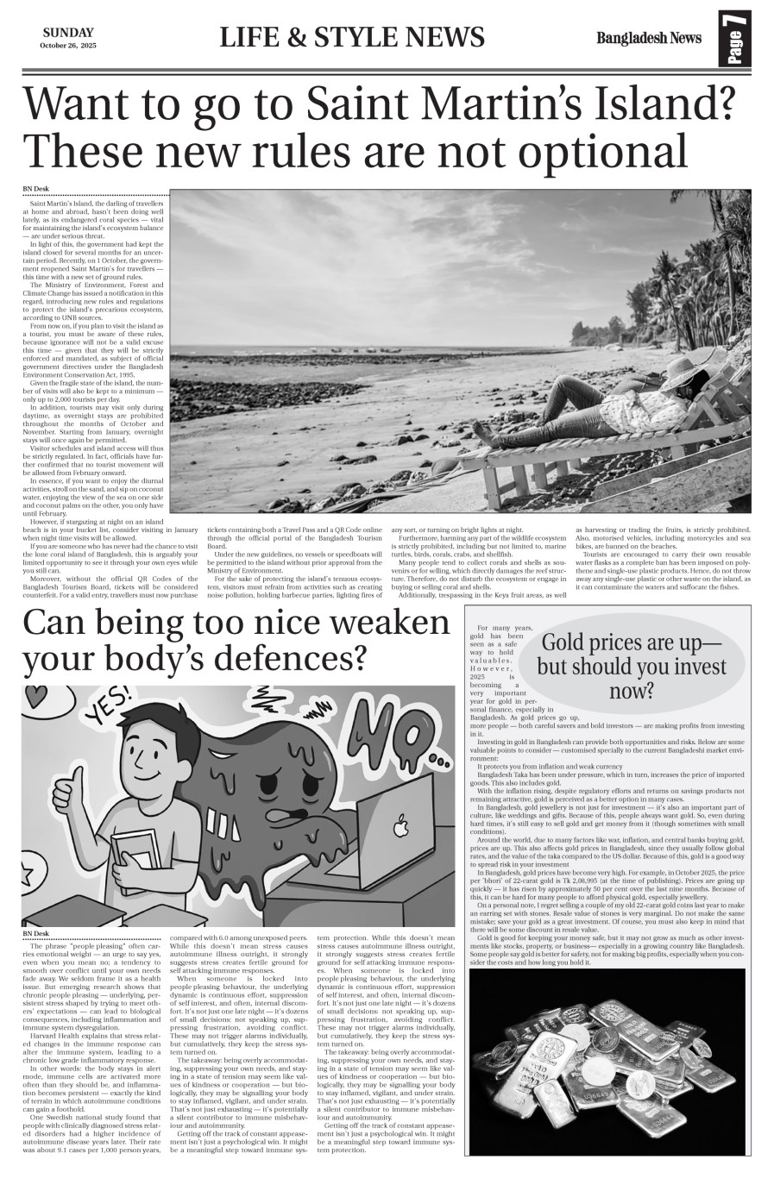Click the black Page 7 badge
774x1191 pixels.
734,38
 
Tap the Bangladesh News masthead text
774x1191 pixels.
648,38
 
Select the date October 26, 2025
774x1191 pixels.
68,45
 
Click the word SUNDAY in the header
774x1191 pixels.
68,32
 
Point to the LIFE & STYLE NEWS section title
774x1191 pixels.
352,38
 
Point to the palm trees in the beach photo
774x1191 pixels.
690,267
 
